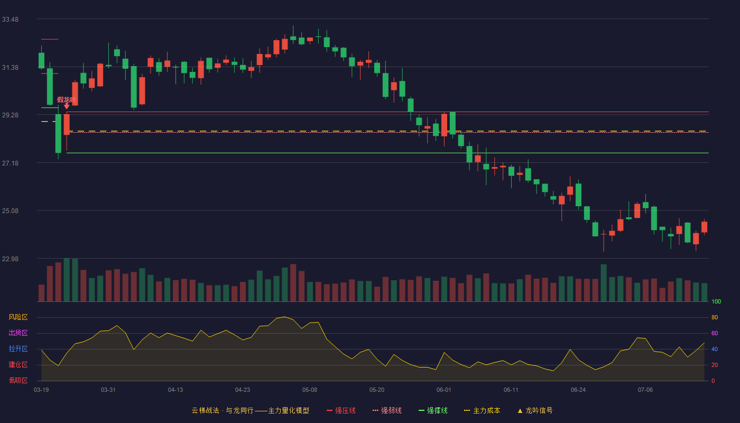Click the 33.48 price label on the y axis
[10, 20]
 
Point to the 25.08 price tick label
[10, 211]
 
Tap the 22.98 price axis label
[10, 259]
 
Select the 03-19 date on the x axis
[41, 390]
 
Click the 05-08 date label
[310, 390]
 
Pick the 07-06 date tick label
[645, 390]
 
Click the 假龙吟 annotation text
[67, 99]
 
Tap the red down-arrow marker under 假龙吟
[67, 106]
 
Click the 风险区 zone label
[18, 317]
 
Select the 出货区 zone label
[18, 333]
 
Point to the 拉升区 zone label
[18, 348]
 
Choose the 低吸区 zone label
[18, 380]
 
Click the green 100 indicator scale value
[716, 301]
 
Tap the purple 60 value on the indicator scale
[715, 333]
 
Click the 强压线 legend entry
[341, 410]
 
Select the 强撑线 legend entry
[433, 410]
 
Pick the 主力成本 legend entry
[482, 410]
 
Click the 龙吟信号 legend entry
[535, 410]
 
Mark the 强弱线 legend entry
[387, 410]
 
